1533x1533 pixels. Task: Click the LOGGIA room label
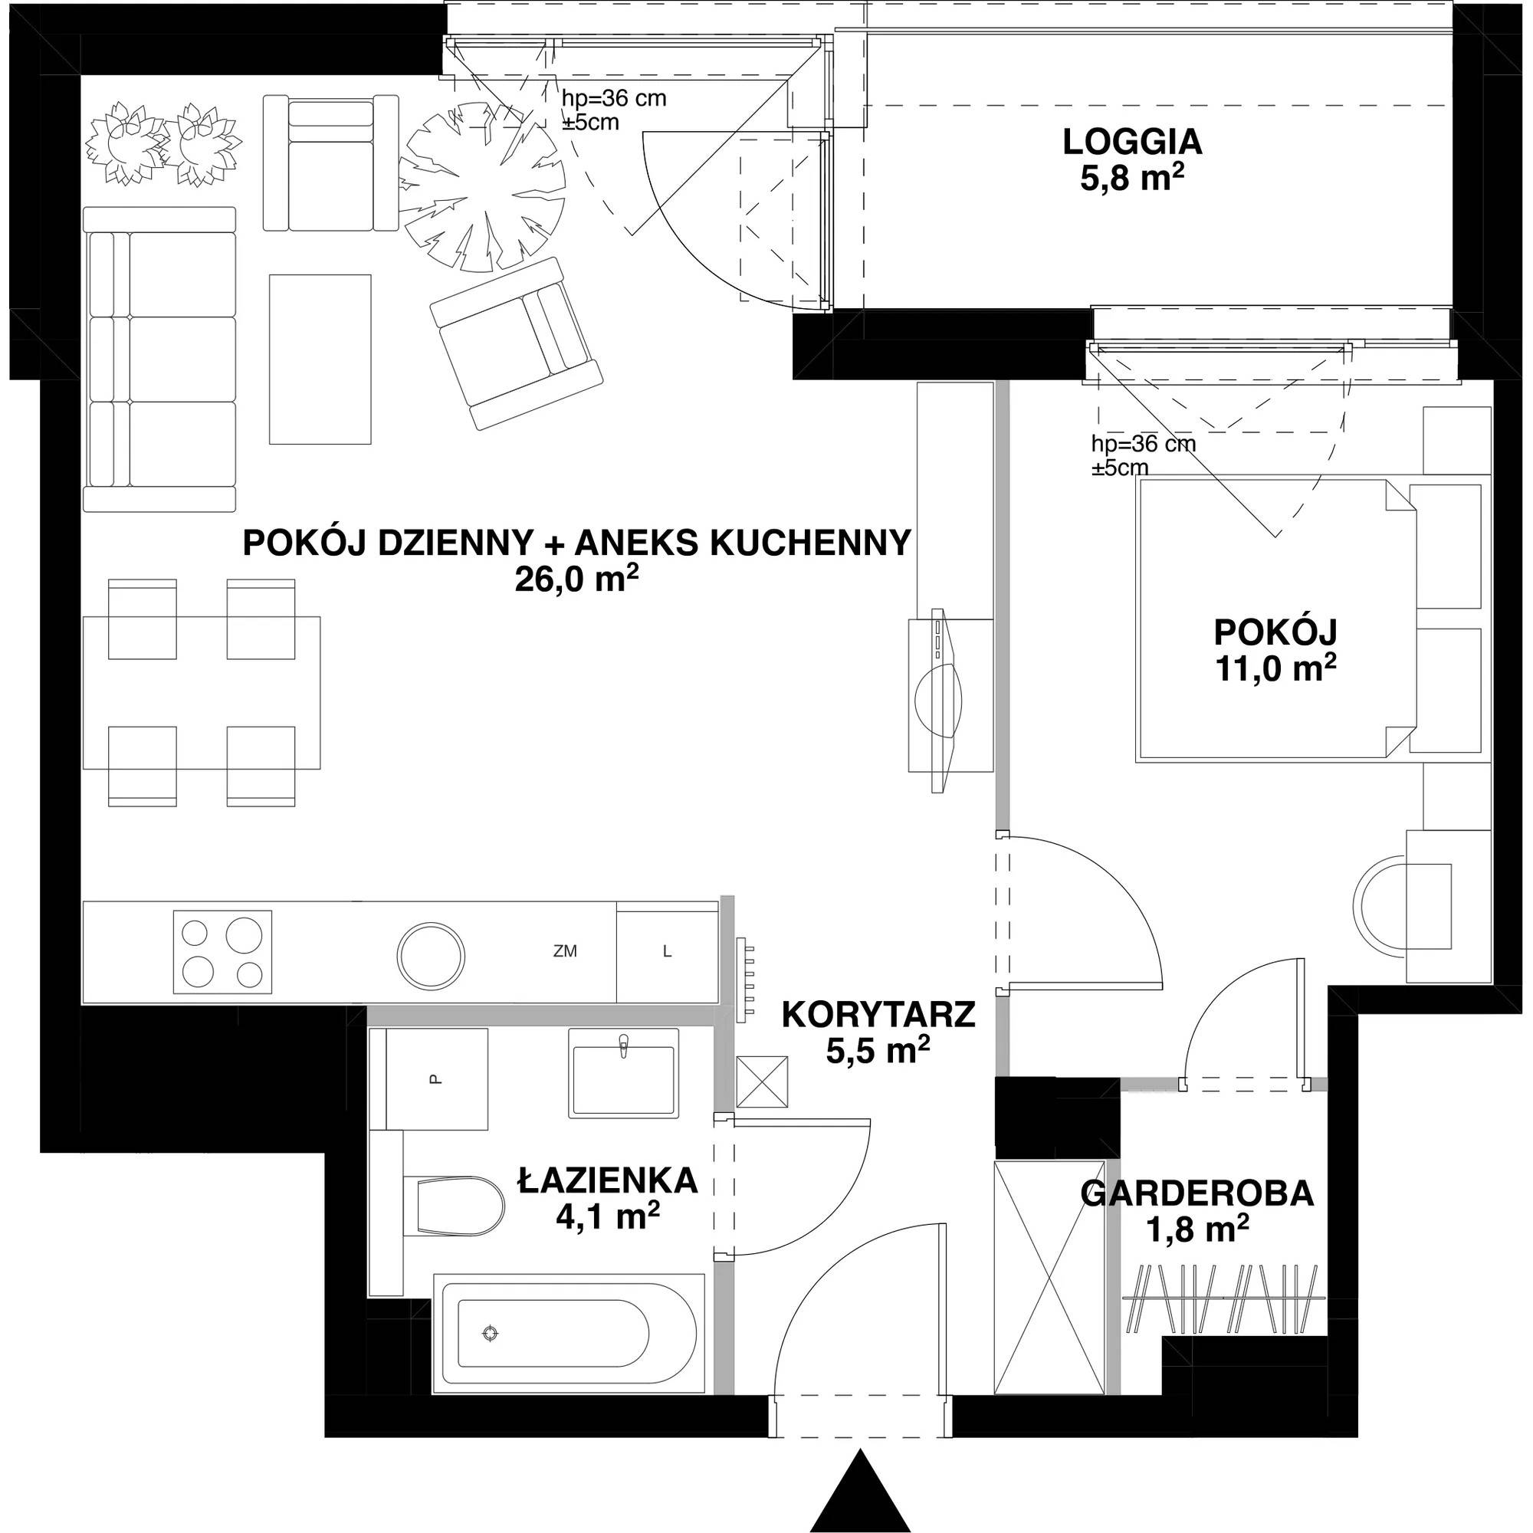point(1132,143)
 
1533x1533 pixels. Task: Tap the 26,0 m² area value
point(577,580)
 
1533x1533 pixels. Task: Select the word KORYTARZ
point(878,1014)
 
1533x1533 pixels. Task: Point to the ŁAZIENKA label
point(609,1180)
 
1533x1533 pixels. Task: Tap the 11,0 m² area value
point(1276,668)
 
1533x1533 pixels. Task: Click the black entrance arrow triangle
point(859,1491)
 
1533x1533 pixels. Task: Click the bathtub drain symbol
point(491,1333)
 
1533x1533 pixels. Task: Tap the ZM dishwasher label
point(565,950)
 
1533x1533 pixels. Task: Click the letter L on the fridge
point(668,951)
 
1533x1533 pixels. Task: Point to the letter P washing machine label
point(434,1079)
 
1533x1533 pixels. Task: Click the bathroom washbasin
point(624,1074)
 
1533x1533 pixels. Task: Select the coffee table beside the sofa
point(320,359)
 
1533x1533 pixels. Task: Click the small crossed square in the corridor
point(762,1082)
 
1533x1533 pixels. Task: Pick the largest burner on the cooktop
point(243,934)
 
